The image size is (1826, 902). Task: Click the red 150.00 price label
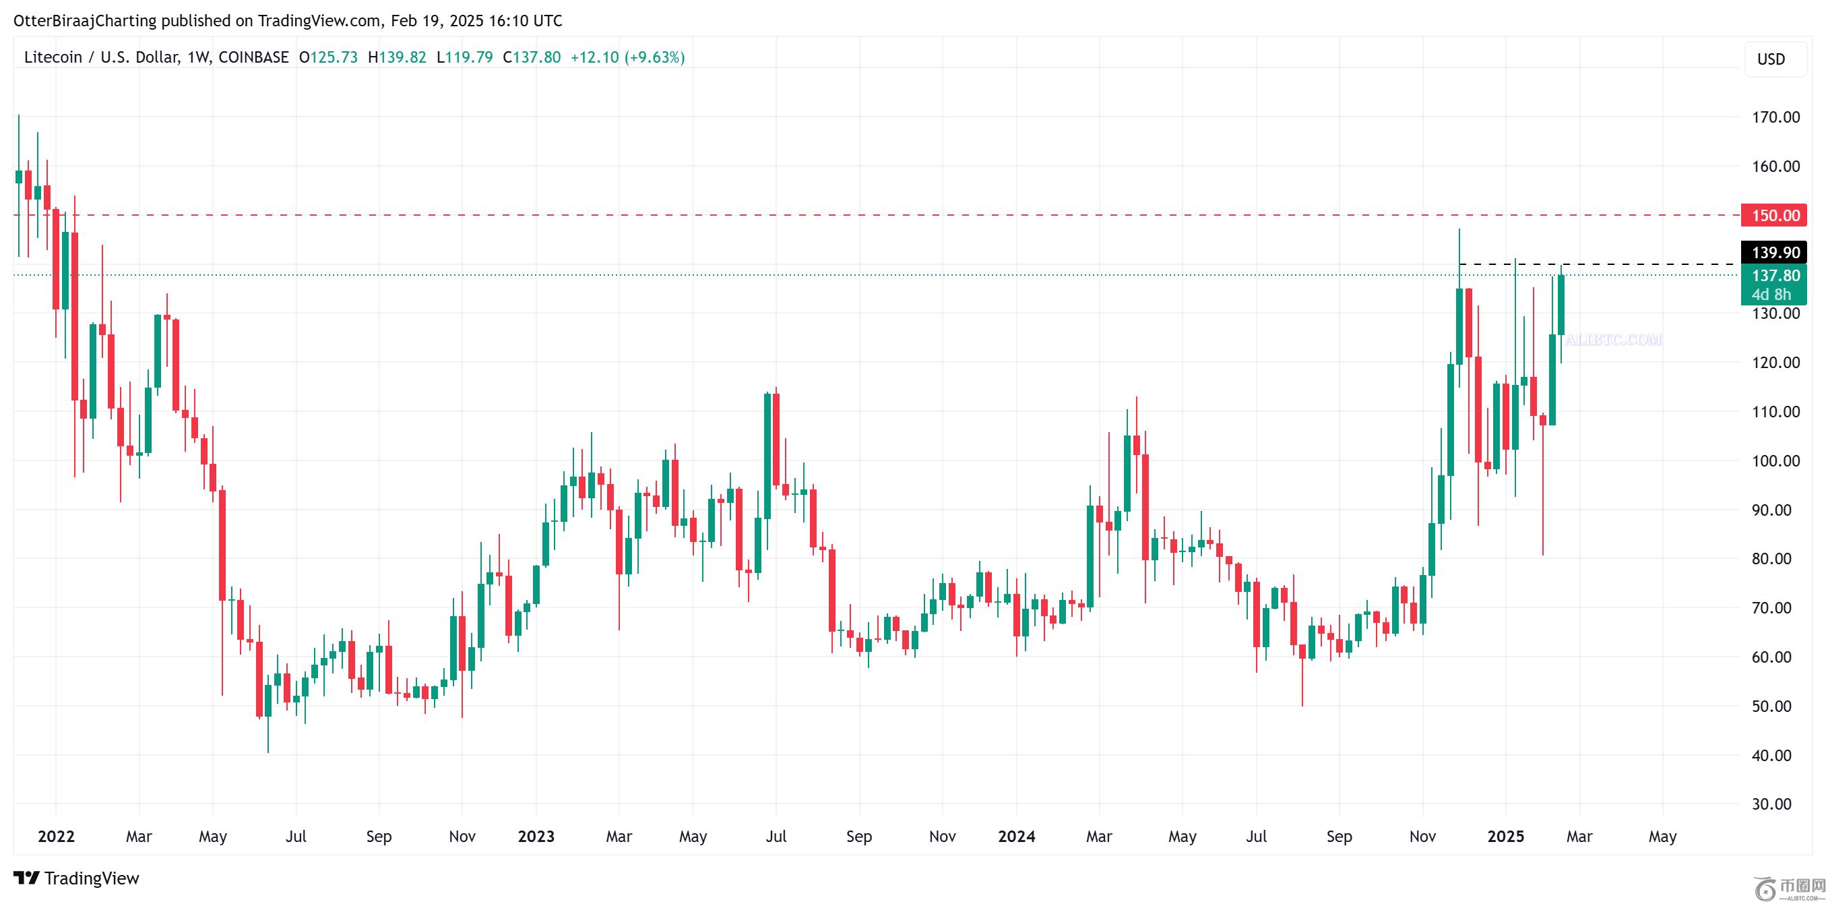pos(1774,216)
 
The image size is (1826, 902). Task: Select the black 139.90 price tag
pos(1774,252)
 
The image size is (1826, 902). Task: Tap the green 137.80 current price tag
pos(1774,276)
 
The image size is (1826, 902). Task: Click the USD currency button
pos(1770,59)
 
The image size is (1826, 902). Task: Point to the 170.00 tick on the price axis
pos(1775,117)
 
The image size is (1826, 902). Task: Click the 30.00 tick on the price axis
pos(1771,804)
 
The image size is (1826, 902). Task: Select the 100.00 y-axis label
pos(1775,461)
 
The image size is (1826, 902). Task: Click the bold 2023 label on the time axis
pos(536,837)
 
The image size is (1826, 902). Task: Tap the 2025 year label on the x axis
pos(1505,837)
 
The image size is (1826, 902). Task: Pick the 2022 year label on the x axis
pos(56,837)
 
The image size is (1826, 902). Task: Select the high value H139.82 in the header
pos(397,57)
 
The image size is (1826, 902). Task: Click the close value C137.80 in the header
pos(532,57)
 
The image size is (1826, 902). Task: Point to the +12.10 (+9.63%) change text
pos(627,57)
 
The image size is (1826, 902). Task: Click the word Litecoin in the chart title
pos(53,57)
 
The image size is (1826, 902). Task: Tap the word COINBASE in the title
pos(253,57)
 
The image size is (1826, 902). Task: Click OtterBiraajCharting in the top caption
pos(85,21)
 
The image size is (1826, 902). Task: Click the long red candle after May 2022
pos(222,545)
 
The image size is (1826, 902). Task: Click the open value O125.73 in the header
pos(328,57)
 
